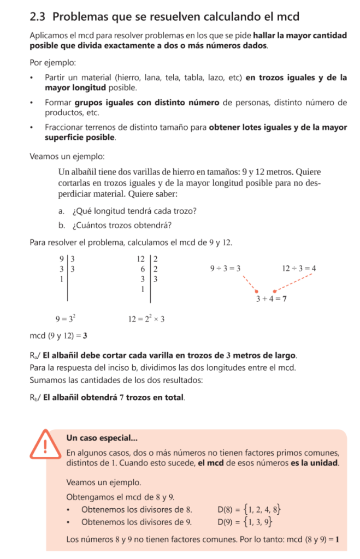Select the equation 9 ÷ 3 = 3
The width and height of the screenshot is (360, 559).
click(225, 269)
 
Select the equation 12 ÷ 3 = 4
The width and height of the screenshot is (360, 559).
click(299, 269)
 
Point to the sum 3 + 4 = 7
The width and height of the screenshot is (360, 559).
click(272, 299)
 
